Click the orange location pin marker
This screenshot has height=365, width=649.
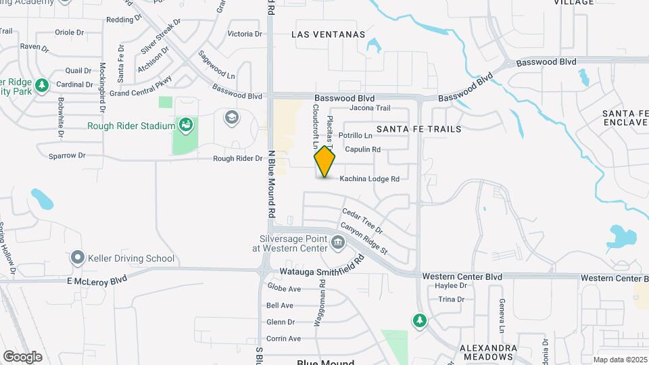(x=325, y=162)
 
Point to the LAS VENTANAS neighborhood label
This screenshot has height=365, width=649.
(x=329, y=34)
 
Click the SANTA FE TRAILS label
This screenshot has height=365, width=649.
(x=418, y=128)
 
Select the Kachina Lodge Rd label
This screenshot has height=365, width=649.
(x=369, y=179)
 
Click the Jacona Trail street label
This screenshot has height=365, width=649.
(x=369, y=108)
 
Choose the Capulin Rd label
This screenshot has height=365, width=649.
(x=362, y=149)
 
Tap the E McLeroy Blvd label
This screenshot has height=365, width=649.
(x=97, y=280)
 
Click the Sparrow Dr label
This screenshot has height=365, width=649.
(x=67, y=155)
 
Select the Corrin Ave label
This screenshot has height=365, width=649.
(x=283, y=339)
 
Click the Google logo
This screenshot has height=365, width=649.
(x=23, y=356)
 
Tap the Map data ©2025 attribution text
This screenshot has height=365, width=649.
(x=619, y=360)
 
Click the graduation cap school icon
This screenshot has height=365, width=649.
(x=231, y=118)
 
